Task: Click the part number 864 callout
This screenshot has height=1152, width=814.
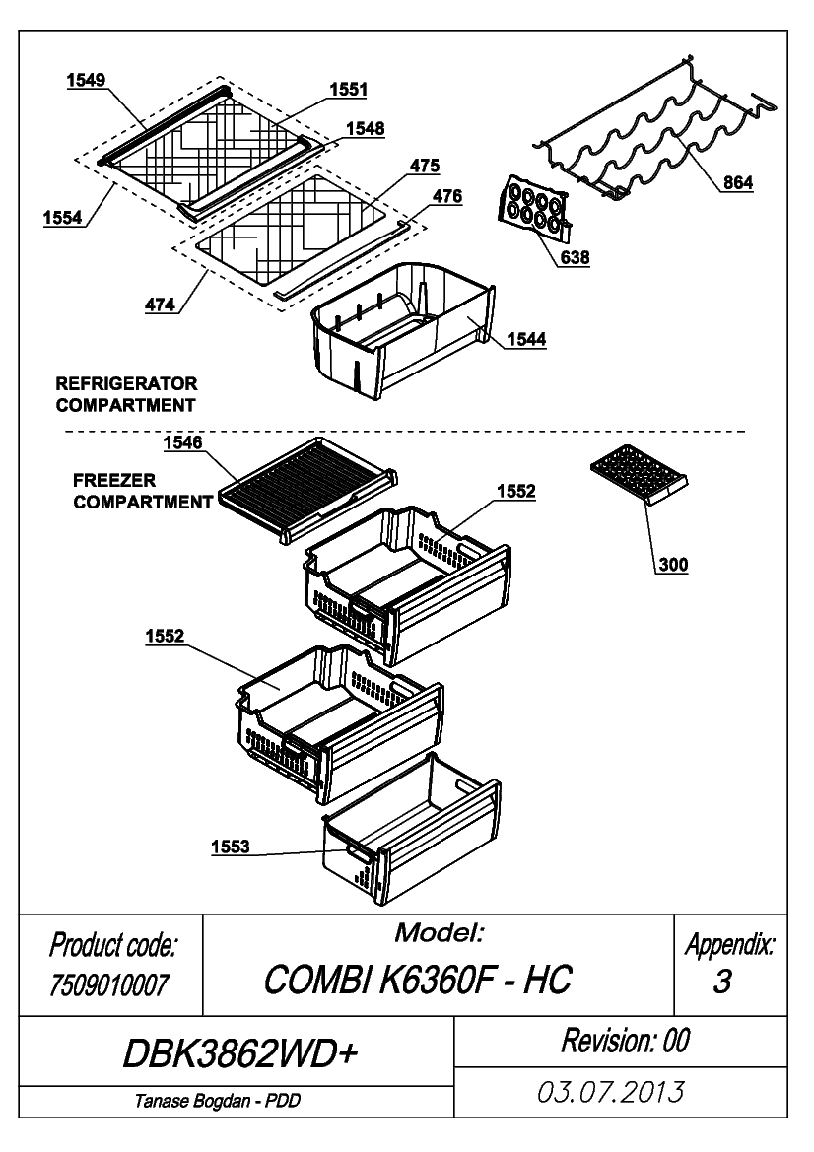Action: (737, 182)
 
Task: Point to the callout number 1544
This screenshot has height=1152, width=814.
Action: (526, 339)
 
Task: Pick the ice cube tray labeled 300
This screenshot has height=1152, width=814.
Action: (639, 475)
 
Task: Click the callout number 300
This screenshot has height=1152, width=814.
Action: (673, 565)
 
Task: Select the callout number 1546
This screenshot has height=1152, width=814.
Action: (183, 442)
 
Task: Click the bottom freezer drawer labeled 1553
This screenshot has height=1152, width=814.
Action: (411, 830)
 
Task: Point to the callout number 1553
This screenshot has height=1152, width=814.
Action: (230, 847)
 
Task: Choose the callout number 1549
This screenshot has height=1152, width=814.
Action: (86, 80)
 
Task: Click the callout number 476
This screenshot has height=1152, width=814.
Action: (447, 196)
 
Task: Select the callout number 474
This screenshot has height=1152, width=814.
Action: (160, 305)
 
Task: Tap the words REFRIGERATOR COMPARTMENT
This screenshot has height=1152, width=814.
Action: (126, 394)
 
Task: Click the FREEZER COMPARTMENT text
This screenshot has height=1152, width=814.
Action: (143, 492)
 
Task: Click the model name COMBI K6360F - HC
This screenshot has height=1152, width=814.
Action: (417, 980)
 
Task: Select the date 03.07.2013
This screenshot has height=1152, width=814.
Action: (611, 1091)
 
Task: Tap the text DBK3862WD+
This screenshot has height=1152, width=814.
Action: (239, 1054)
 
